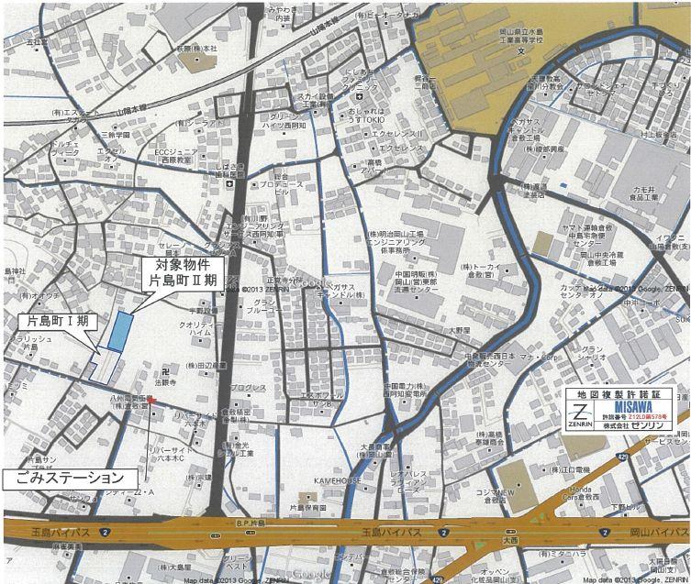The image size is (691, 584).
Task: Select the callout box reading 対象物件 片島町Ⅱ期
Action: (x=184, y=273)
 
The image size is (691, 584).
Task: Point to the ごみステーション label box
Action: (x=70, y=478)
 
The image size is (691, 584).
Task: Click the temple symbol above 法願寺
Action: (x=165, y=371)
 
